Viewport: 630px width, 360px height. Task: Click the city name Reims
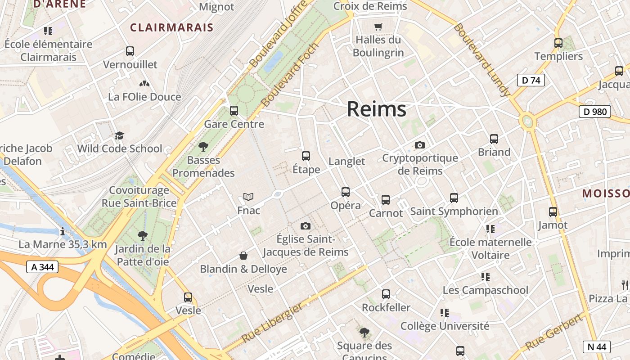[x=376, y=109]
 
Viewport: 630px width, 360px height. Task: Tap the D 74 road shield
[x=531, y=80]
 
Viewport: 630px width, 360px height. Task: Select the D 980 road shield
[x=594, y=112]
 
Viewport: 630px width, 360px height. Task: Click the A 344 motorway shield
[x=43, y=267]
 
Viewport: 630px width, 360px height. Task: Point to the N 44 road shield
[x=597, y=346]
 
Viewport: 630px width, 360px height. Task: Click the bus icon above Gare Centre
[x=234, y=110]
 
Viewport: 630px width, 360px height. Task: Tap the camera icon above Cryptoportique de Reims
[x=419, y=145]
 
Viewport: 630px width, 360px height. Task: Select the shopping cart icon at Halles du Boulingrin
[x=378, y=27]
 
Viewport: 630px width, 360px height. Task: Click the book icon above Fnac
[x=248, y=197]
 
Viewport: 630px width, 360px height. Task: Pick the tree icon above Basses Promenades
[x=203, y=146]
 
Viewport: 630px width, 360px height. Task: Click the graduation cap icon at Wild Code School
[x=119, y=135]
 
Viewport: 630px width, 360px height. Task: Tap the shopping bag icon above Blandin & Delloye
[x=243, y=256]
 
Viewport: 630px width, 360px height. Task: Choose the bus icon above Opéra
[x=345, y=192]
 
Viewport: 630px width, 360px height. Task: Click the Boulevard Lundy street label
[x=481, y=59]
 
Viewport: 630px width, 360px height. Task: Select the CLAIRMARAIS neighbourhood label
[x=171, y=27]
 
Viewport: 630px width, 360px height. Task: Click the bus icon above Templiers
[x=558, y=43]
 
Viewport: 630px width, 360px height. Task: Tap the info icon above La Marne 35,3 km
[x=62, y=231]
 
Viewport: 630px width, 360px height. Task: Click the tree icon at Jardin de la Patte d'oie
[x=143, y=235]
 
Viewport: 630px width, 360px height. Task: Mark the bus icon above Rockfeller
[x=386, y=294]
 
